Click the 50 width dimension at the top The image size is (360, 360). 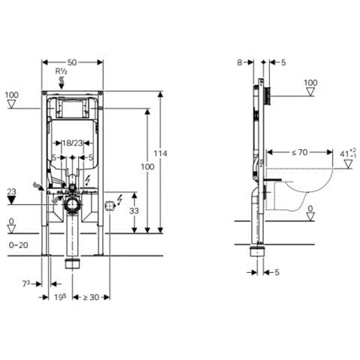72,62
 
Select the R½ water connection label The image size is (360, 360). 61,71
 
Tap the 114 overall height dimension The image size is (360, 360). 160,153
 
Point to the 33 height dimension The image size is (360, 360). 134,211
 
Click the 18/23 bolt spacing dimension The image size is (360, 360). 73,143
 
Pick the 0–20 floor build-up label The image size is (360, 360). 19,245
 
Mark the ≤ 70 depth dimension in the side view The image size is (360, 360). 299,152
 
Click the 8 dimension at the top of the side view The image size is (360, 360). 239,62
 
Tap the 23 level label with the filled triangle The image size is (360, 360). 11,192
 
